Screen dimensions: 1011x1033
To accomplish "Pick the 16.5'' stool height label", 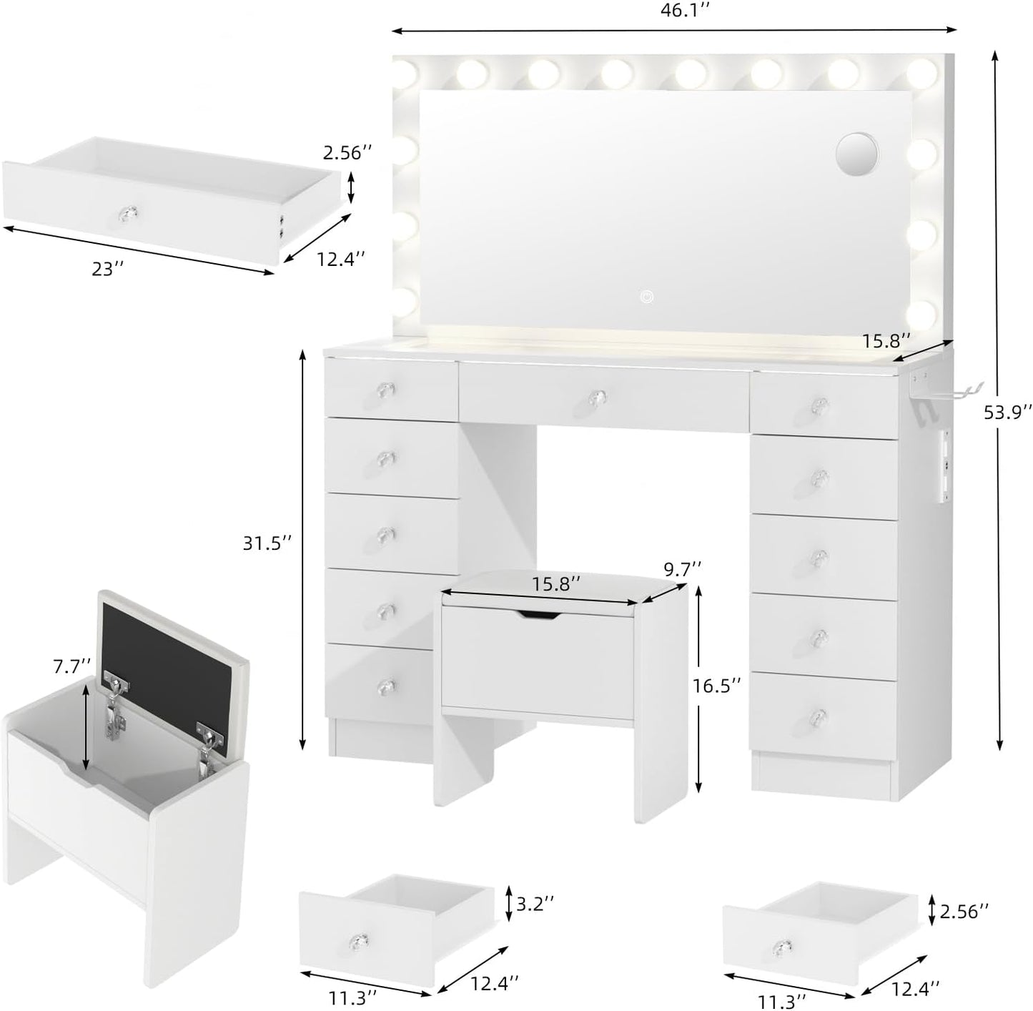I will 716,686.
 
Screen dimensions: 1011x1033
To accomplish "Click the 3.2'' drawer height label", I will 535,904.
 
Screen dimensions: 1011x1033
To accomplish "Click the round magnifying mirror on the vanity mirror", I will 856,152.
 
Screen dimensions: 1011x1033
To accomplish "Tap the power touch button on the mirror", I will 646,295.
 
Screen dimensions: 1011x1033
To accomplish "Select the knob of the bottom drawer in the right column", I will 820,715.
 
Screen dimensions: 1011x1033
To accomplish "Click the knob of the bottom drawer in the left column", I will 387,686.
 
